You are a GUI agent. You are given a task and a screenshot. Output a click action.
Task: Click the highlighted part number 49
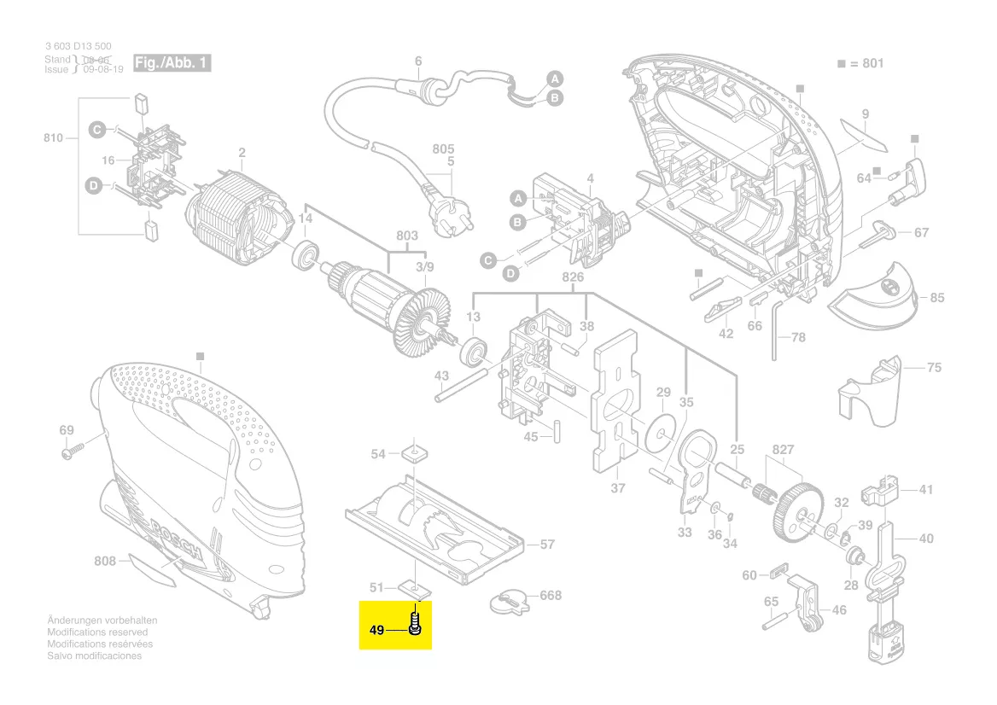click(376, 631)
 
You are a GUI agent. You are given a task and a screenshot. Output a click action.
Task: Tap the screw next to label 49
click(416, 621)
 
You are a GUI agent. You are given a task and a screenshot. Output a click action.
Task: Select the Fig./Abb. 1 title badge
click(172, 64)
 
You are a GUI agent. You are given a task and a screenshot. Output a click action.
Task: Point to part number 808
click(105, 561)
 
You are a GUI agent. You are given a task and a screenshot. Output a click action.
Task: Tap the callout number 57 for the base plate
click(547, 544)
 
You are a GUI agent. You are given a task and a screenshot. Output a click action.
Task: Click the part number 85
click(936, 298)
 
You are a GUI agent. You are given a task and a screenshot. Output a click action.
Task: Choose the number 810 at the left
click(53, 137)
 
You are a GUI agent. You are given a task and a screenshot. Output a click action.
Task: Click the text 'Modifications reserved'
click(97, 632)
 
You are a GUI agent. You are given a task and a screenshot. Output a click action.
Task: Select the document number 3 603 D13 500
click(78, 46)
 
